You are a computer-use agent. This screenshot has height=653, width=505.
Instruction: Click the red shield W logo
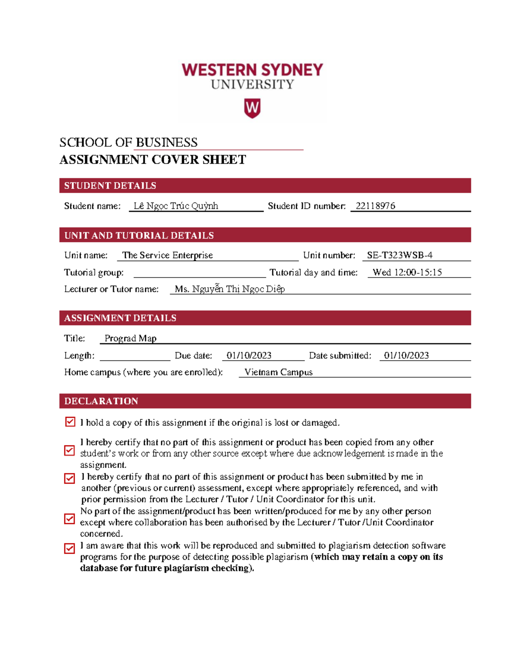pos(252,108)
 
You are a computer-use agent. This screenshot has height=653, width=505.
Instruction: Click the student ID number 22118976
pos(375,206)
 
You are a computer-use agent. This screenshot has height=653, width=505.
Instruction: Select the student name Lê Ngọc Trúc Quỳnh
pos(175,206)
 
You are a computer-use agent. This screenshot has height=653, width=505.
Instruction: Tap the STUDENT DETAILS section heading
pos(110,185)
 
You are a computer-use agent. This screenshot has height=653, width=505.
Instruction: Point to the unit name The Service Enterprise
pos(167,255)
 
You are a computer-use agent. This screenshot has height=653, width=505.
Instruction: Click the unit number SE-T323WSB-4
pos(399,255)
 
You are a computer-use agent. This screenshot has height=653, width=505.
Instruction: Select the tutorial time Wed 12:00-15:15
pos(407,272)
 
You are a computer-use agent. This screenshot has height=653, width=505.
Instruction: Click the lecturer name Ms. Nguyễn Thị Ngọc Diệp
pos(229,289)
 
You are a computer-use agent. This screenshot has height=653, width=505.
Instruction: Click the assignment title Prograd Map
pos(130,338)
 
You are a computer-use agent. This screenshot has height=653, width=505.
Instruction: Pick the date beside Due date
pos(249,356)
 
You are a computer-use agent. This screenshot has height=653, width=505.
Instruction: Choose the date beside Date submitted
pos(406,356)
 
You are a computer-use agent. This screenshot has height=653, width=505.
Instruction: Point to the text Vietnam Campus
pos(278,372)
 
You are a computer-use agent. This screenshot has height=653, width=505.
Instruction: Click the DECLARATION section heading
pos(101,401)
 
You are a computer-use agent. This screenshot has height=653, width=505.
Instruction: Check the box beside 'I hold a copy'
pos(70,422)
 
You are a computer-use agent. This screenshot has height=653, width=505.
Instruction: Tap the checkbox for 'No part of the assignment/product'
pos(69,519)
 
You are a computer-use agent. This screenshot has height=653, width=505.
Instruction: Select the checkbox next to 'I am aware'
pos(69,548)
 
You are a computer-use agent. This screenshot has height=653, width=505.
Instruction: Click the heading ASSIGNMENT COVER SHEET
pos(152,160)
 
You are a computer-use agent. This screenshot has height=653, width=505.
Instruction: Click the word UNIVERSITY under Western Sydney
pos(252,85)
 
